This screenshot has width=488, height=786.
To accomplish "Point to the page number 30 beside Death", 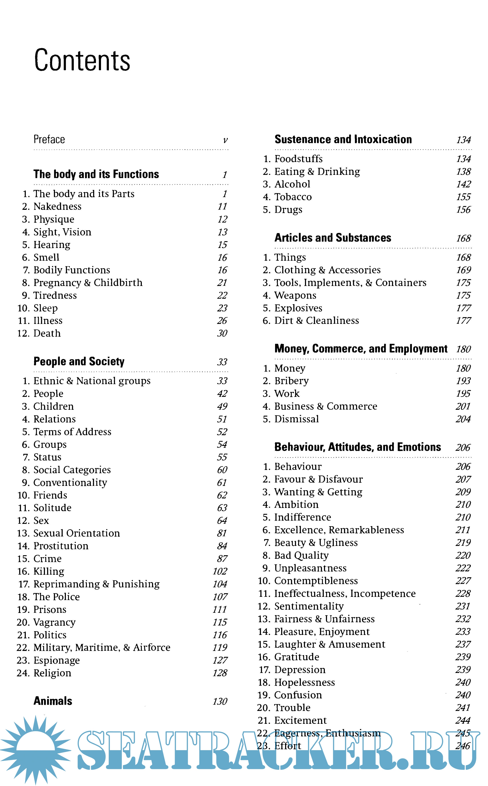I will pyautogui.click(x=222, y=333).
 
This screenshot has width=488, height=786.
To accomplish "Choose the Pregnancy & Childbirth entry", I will pyautogui.click(x=88, y=283).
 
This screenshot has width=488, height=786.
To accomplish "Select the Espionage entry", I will pyautogui.click(x=56, y=660).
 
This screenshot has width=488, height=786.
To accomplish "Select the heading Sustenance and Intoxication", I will pyautogui.click(x=343, y=140).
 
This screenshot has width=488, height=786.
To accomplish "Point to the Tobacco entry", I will pyautogui.click(x=293, y=197).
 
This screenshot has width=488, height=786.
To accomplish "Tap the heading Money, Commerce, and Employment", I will pyautogui.click(x=361, y=349).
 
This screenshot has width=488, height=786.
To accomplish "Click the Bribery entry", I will pyautogui.click(x=291, y=381).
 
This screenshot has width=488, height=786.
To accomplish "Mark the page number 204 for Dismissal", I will pyautogui.click(x=463, y=419).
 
